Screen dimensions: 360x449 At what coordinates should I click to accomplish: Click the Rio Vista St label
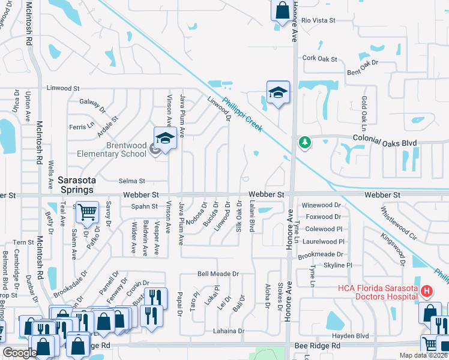point(318,20)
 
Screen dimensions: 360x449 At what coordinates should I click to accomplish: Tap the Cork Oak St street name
point(320,58)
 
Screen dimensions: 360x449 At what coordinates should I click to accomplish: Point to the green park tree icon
point(304,142)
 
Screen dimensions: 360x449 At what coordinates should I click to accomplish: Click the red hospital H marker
point(426,292)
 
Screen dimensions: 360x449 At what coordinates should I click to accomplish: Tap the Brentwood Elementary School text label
point(111,149)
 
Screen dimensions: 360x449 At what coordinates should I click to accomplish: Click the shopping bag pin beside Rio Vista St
point(282,11)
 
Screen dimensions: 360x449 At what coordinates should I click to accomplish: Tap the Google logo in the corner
point(20,352)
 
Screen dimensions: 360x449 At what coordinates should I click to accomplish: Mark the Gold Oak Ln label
point(364,113)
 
